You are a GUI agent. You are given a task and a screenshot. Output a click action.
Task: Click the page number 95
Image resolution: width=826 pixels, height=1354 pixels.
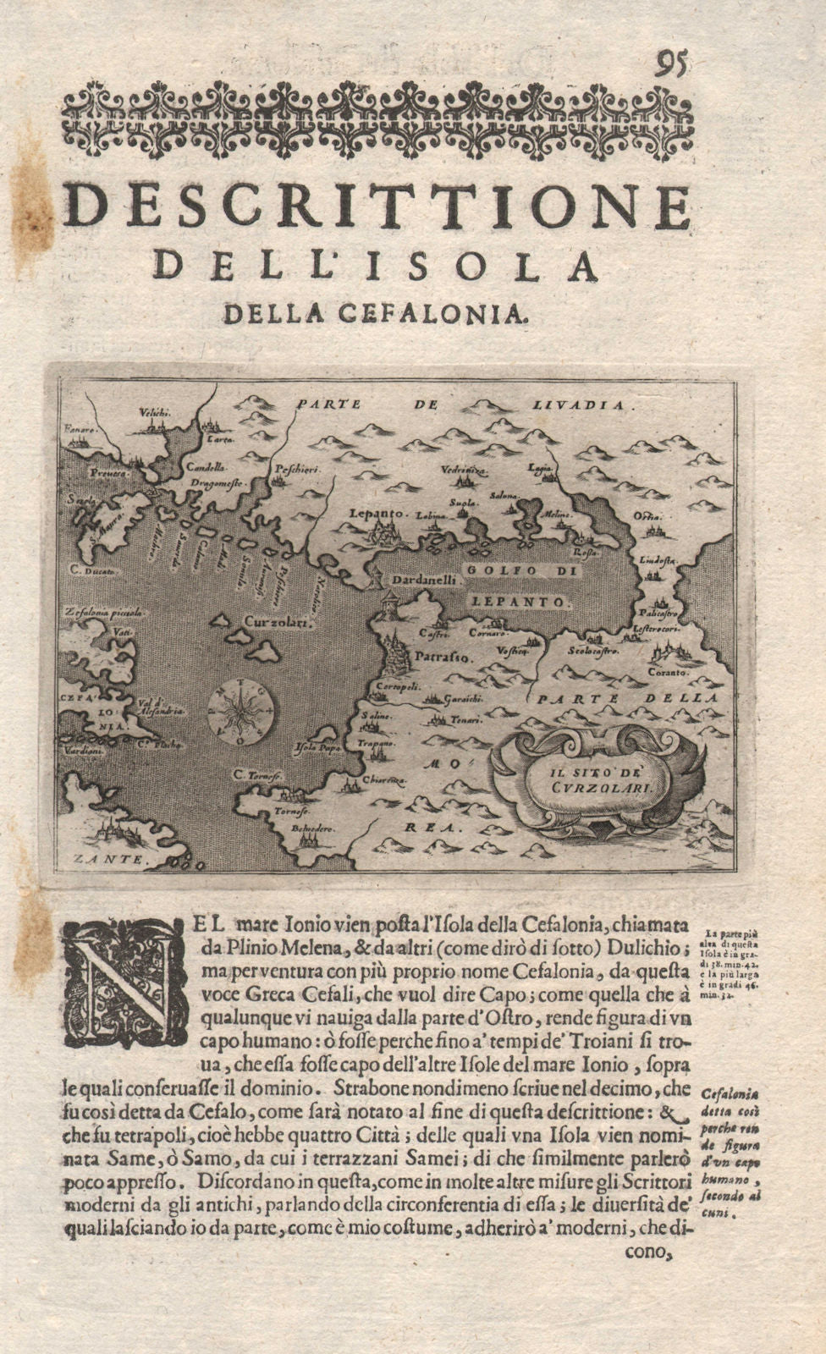[x=673, y=63]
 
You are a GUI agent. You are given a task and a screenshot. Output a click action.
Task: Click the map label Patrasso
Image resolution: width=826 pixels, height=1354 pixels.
[x=435, y=655]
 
